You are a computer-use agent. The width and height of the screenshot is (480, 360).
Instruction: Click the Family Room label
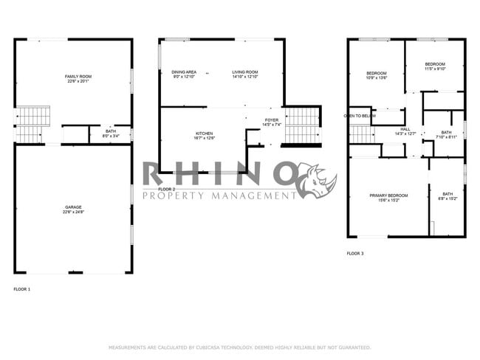pyautogui.click(x=78, y=79)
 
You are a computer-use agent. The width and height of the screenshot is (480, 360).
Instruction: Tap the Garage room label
pyautogui.click(x=73, y=210)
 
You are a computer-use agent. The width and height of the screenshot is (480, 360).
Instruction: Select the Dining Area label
pyautogui.click(x=184, y=74)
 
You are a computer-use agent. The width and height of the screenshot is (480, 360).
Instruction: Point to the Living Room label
pyautogui.click(x=244, y=74)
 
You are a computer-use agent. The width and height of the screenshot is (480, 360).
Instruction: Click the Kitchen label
pyautogui.click(x=204, y=135)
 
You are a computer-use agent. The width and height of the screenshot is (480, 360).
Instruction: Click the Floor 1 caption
pyautogui.click(x=22, y=289)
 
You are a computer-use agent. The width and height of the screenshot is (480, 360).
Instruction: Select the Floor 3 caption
pyautogui.click(x=355, y=253)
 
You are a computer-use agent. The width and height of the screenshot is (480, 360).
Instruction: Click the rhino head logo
pyautogui.click(x=318, y=181)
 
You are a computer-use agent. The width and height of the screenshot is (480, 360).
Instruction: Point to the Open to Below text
pyautogui.click(x=360, y=116)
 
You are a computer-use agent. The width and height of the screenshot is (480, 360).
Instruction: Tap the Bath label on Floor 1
pyautogui.click(x=110, y=134)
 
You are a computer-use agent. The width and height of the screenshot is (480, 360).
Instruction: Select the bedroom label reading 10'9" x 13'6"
pyautogui.click(x=377, y=75)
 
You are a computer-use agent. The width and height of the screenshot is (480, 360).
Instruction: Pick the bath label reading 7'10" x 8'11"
pyautogui.click(x=447, y=134)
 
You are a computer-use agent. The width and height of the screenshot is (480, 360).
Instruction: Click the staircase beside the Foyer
pyautogui.click(x=301, y=125)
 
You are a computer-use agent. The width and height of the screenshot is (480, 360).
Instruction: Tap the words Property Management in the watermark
pyautogui.click(x=219, y=195)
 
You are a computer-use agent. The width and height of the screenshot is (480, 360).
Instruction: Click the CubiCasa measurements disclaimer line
pyautogui.click(x=239, y=347)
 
